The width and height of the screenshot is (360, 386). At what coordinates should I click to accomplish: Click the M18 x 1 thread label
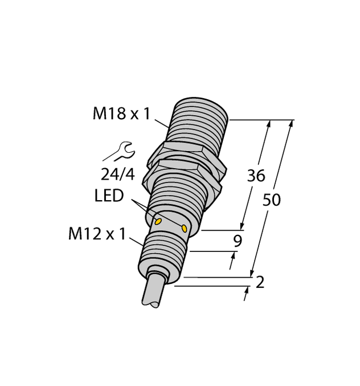121,114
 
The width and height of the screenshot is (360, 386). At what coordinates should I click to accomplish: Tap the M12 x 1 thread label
96,234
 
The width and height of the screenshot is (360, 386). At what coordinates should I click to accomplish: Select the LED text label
109,196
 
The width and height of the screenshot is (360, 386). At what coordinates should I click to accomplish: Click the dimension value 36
256,176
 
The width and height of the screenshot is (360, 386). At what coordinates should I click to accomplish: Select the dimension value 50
272,200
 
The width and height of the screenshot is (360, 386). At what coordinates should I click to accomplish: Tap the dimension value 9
238,241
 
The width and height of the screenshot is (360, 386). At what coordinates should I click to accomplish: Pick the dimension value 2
260,282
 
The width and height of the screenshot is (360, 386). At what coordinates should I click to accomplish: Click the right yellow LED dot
185,228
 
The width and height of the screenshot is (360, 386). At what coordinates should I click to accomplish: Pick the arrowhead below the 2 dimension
247,291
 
